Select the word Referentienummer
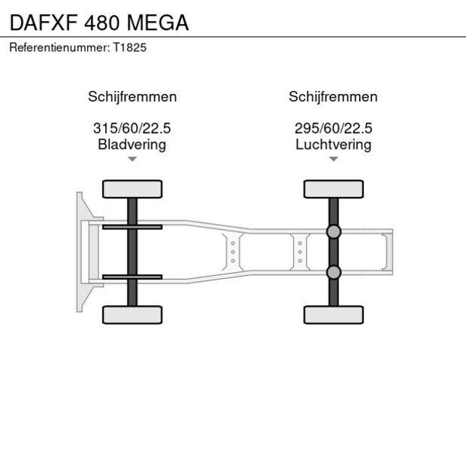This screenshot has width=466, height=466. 59,47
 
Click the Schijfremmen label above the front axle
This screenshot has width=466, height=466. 132,97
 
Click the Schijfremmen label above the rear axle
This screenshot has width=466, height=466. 333,97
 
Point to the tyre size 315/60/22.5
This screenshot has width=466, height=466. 132,129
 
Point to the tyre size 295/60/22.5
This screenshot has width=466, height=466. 333,129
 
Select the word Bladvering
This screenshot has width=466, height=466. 132,144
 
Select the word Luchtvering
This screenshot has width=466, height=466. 333,144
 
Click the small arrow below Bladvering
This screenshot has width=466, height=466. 132,159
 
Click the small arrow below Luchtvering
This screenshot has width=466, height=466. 333,159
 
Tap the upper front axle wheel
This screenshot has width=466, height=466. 132,189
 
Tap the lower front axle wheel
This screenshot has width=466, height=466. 132,314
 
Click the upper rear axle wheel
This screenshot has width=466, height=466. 334,189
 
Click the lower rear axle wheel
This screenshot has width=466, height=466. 334,314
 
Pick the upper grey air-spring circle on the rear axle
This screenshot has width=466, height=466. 334,232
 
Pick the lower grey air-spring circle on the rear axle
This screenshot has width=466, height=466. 334,271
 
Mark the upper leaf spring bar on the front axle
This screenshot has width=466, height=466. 132,227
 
